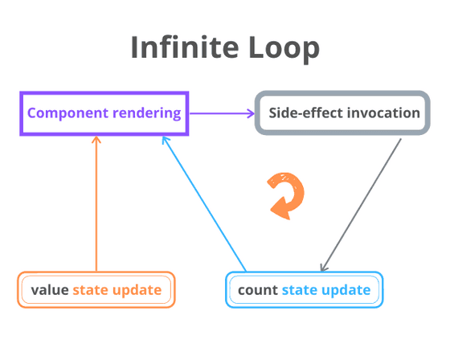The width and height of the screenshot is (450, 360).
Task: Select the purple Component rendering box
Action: click(104, 112)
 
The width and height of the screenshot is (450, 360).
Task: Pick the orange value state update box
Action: click(96, 289)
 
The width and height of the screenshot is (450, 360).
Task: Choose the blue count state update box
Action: click(304, 289)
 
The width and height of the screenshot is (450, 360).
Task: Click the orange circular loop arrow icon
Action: click(286, 195)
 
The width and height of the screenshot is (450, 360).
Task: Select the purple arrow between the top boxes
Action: click(221, 113)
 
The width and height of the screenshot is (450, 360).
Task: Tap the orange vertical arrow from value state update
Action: click(96, 205)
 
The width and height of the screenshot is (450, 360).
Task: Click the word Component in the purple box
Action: click(66, 112)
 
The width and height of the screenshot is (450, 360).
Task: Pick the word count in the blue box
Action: click(257, 289)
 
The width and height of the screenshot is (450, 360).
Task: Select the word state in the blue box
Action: click(301, 289)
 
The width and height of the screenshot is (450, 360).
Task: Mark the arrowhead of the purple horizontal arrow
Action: click(248, 113)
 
